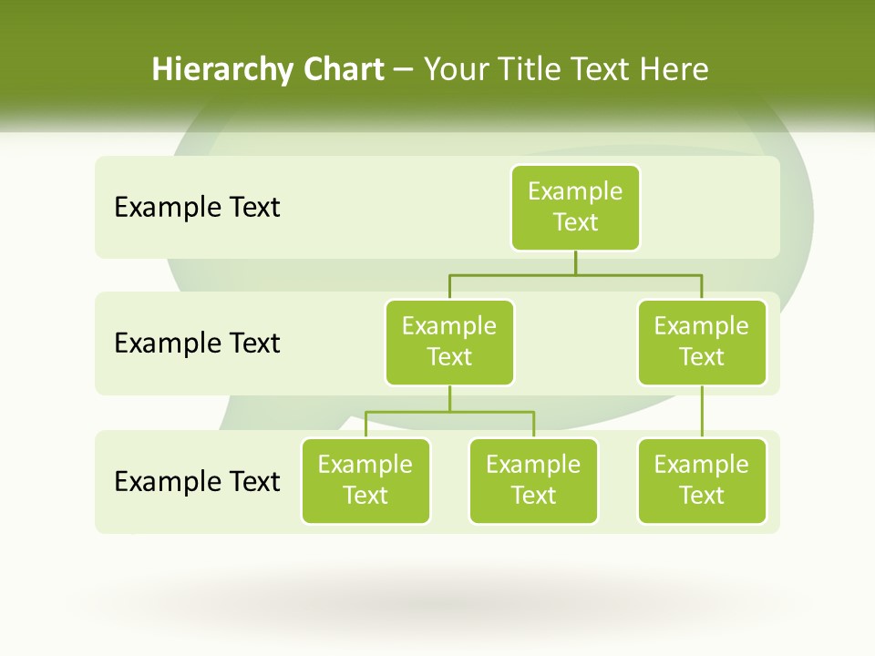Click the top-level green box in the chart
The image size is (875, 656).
coord(575,207)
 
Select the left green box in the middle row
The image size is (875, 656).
coord(449,342)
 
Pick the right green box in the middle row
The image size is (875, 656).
coord(702,342)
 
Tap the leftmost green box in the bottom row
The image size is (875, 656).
coord(365,480)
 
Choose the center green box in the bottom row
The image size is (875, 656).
coord(533,480)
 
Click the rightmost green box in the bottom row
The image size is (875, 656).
coord(702,480)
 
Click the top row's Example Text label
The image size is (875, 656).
coord(197,208)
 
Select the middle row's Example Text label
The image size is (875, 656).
coord(197,343)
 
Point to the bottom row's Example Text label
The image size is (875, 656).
coord(197,481)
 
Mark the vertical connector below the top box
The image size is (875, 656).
coord(575,262)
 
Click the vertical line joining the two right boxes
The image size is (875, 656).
coord(702,412)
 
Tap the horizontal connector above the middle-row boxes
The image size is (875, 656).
coord(575,274)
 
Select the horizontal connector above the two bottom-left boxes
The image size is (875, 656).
coord(449,412)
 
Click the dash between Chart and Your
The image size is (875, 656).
coord(404,70)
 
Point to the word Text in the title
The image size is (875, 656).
coord(600,69)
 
